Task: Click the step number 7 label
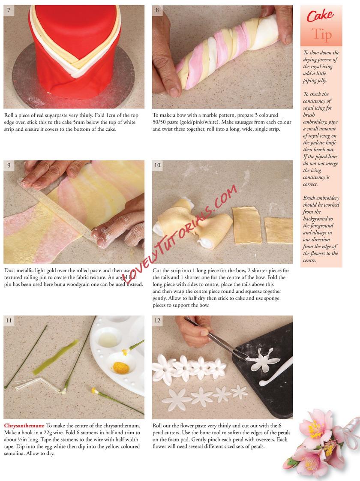(x=9, y=10)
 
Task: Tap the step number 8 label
(x=157, y=10)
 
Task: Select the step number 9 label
(x=9, y=165)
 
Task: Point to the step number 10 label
(x=157, y=165)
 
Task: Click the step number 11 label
(x=9, y=321)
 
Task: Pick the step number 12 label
(x=157, y=321)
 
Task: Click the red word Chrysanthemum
(x=24, y=426)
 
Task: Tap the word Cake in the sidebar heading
(x=320, y=15)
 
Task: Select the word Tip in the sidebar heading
(x=322, y=35)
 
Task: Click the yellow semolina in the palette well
(x=120, y=367)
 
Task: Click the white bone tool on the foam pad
(x=276, y=371)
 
